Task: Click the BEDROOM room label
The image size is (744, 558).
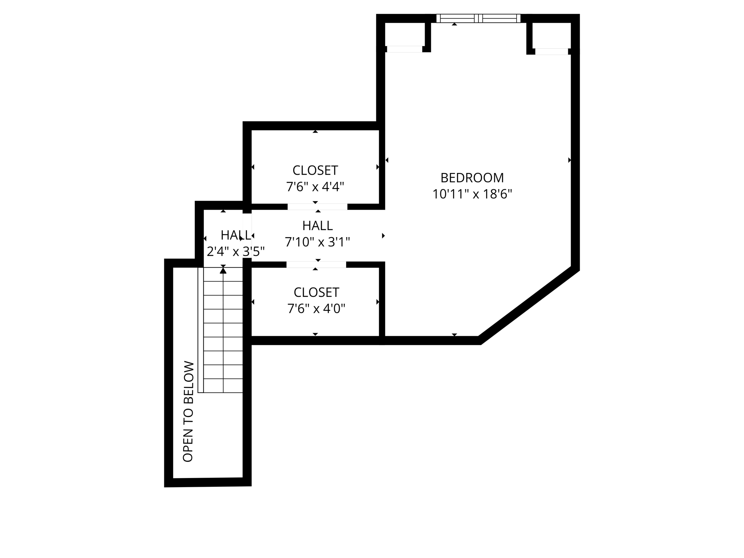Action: point(472,178)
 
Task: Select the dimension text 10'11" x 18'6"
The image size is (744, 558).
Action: point(472,194)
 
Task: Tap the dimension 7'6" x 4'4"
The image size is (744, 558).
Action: point(315,187)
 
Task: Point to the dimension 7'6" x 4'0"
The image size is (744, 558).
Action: point(316,309)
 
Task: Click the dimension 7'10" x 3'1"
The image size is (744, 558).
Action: point(317,242)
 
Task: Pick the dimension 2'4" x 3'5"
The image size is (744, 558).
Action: point(235,251)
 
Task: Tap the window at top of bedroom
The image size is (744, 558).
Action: point(478,19)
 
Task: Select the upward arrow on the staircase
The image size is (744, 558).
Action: point(223,270)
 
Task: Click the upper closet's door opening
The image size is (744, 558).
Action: point(317,207)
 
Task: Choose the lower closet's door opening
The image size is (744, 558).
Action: point(316,264)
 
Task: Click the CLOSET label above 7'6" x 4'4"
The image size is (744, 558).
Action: point(315,170)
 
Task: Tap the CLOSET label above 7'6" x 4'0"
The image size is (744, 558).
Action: point(316,292)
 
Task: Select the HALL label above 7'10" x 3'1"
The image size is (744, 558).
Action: point(318,226)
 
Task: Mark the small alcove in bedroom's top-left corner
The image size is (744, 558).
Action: point(404,34)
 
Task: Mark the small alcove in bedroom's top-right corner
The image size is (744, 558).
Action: point(551,35)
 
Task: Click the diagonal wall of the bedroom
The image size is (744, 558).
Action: point(529,305)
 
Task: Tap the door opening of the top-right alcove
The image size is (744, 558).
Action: point(551,52)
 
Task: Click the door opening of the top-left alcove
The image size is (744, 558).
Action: point(404,49)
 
